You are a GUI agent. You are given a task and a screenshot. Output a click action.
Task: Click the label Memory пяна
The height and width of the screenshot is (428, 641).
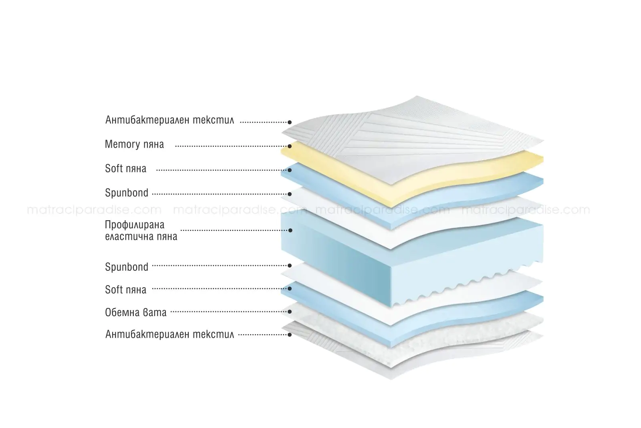click(134, 144)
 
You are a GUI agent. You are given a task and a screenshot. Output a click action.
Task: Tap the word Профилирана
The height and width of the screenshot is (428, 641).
click(135, 225)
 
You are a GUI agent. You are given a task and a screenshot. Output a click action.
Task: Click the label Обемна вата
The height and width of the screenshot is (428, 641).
click(136, 312)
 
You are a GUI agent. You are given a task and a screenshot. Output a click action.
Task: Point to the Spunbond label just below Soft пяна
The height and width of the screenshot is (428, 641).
click(127, 193)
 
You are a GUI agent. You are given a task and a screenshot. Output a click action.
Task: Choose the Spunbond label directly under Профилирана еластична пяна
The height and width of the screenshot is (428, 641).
click(127, 267)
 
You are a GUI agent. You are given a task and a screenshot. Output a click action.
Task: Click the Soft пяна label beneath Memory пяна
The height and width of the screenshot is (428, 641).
click(125, 168)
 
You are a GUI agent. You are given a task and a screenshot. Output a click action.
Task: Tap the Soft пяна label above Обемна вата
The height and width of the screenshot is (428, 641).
click(125, 290)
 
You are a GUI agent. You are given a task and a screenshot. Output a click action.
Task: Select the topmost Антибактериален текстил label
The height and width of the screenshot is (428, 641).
click(169, 120)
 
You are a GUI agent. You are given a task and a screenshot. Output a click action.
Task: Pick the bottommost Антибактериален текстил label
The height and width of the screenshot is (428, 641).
click(169, 334)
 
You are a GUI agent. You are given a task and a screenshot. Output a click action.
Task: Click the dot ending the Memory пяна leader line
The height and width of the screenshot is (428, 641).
click(290, 147)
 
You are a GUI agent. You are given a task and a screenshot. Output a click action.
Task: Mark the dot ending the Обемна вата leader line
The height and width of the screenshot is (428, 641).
click(290, 311)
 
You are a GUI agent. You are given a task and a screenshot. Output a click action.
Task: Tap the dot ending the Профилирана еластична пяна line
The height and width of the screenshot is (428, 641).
click(290, 230)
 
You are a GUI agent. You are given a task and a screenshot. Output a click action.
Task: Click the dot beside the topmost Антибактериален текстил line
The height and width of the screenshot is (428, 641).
click(290, 122)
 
